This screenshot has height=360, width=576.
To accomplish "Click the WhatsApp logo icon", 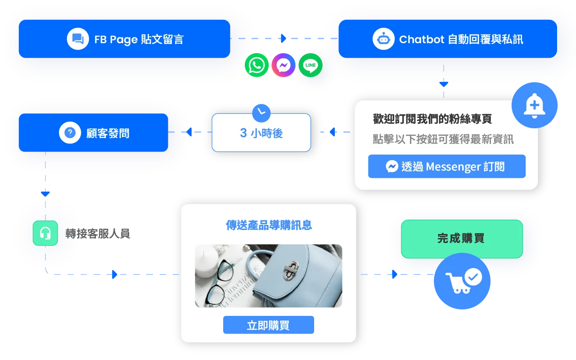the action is pos(256,65).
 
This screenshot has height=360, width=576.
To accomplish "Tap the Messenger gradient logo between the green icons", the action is pos(283,65).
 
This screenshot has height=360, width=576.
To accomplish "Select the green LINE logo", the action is pos(310,65).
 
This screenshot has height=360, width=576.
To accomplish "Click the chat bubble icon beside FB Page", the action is pos(78,39).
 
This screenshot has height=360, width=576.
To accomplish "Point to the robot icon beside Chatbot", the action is pos(383,39).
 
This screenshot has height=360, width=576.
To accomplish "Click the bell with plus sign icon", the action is pos(534,105).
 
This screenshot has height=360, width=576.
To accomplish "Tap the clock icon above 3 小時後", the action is pos(261,113).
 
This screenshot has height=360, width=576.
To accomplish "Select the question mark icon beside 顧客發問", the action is pos(70,133).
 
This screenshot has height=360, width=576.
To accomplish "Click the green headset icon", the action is pos(45,233).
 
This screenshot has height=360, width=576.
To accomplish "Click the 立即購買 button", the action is pos(269,325).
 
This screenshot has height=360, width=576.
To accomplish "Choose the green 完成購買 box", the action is pos(462,238).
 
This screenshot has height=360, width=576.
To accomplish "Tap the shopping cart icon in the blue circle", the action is pos(462,281).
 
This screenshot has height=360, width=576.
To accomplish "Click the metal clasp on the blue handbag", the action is pos(291,270).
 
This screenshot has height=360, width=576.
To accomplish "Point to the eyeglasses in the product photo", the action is pos(220,282).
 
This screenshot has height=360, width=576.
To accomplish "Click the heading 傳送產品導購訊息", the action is pos(269,225).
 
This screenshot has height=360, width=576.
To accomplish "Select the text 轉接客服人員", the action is pos(98,234).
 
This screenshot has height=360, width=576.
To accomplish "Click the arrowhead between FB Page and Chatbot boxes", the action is pos(283,38).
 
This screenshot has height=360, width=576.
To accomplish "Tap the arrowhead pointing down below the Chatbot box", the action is pos(444,84).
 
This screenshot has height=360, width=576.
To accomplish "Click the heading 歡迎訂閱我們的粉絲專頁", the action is pos(432,119).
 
